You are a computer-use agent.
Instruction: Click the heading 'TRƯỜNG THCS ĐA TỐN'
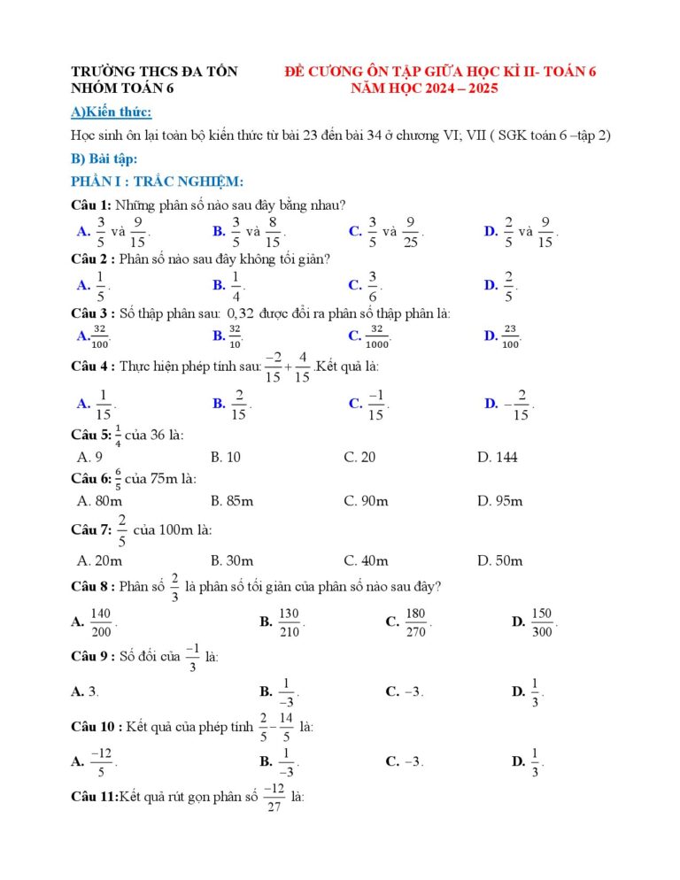pos(154,72)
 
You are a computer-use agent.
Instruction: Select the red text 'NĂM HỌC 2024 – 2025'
pos(424,89)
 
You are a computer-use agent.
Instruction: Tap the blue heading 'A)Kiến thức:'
pos(111,112)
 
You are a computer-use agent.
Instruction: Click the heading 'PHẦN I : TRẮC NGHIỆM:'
pos(144,181)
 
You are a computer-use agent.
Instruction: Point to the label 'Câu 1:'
pos(91,205)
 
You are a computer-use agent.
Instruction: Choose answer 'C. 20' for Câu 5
pos(359,457)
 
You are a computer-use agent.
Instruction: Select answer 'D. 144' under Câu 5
pos(497,457)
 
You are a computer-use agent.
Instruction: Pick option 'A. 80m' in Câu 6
pos(99,501)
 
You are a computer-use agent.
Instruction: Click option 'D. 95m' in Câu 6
pos(499,501)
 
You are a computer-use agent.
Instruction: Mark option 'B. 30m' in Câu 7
pos(232,560)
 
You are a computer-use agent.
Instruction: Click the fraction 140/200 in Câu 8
pos(101,622)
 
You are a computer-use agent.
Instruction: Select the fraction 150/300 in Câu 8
pos(542,622)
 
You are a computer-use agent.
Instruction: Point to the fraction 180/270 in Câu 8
pos(415,622)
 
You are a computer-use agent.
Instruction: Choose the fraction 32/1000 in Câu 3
pos(377,336)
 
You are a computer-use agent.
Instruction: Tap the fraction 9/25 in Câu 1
pos(411,232)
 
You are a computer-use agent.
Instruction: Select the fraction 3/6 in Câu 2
pos(373,286)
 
